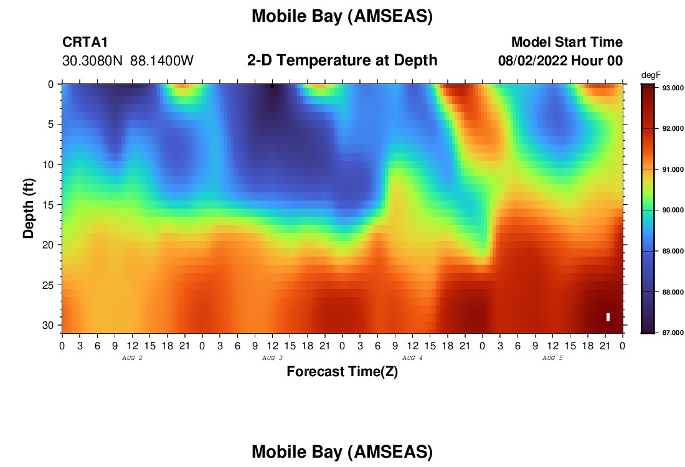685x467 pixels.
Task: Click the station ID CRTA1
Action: point(85,42)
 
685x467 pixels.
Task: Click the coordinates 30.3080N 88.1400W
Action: point(128,61)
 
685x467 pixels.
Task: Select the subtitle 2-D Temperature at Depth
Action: point(342,60)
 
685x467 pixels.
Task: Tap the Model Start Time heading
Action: point(567,42)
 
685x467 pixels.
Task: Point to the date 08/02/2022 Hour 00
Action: point(560,61)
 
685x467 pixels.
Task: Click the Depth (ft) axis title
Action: point(29,209)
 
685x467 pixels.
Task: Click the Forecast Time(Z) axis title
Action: point(342,372)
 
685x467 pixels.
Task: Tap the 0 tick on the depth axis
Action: point(50,84)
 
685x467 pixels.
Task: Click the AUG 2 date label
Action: point(132,358)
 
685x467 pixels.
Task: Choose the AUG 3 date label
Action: point(272,358)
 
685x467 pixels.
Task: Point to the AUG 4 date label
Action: point(412,358)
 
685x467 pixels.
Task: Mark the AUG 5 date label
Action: point(552,358)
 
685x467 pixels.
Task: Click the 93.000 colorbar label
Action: point(673,88)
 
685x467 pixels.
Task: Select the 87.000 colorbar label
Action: point(673,333)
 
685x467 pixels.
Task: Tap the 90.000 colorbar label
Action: point(673,210)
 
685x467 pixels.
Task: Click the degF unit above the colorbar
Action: point(651,75)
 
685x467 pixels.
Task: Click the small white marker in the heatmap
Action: point(608,317)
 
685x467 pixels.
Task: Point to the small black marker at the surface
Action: point(273,86)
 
